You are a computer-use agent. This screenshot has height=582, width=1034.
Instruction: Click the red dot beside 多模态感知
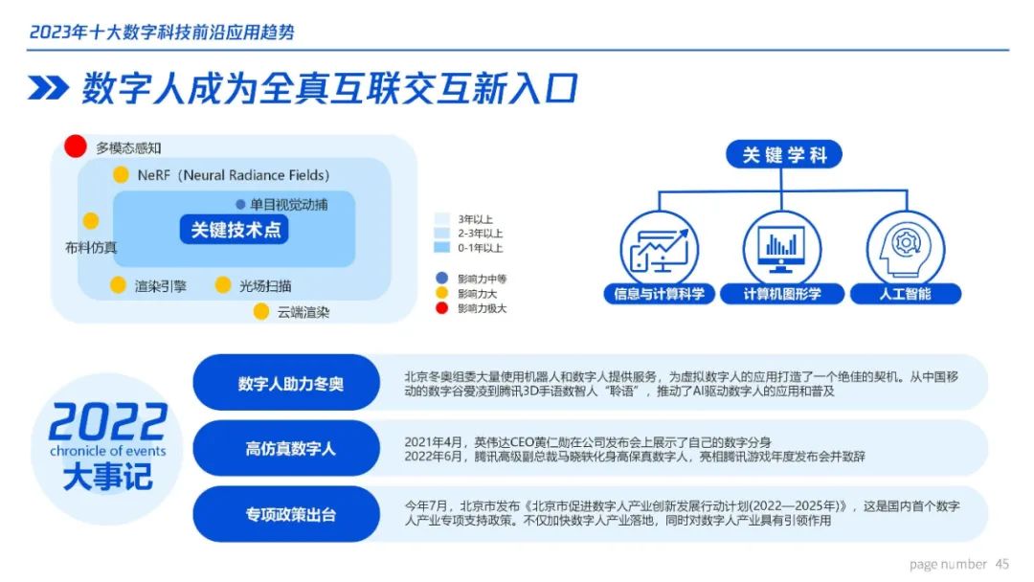pyautogui.click(x=76, y=146)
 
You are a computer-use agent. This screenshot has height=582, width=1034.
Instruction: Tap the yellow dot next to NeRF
pyautogui.click(x=121, y=174)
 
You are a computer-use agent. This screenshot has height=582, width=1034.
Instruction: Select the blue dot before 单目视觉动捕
pyautogui.click(x=240, y=204)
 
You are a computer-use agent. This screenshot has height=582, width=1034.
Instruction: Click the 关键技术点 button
pyautogui.click(x=235, y=230)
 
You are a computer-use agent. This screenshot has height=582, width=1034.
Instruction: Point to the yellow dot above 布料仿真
pyautogui.click(x=91, y=221)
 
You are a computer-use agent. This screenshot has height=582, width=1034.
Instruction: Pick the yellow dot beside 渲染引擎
pyautogui.click(x=118, y=284)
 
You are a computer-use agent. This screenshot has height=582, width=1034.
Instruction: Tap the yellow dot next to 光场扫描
pyautogui.click(x=223, y=284)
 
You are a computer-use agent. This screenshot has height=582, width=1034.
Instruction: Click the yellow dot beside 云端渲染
pyautogui.click(x=261, y=311)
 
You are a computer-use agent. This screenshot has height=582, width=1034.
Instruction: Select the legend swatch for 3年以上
pyautogui.click(x=441, y=219)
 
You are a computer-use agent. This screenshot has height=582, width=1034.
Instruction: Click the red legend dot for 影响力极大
pyautogui.click(x=441, y=308)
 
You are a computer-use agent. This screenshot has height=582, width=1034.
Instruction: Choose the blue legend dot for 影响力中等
pyautogui.click(x=441, y=279)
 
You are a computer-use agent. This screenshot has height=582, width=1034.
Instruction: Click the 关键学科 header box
pyautogui.click(x=783, y=154)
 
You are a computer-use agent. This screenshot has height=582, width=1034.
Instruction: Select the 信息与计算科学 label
pyautogui.click(x=659, y=294)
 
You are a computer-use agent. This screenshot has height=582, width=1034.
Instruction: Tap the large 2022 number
pyautogui.click(x=107, y=422)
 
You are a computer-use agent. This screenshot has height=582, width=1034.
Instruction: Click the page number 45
pyautogui.click(x=1001, y=564)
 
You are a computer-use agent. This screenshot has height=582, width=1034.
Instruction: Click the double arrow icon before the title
pyautogui.click(x=48, y=88)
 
